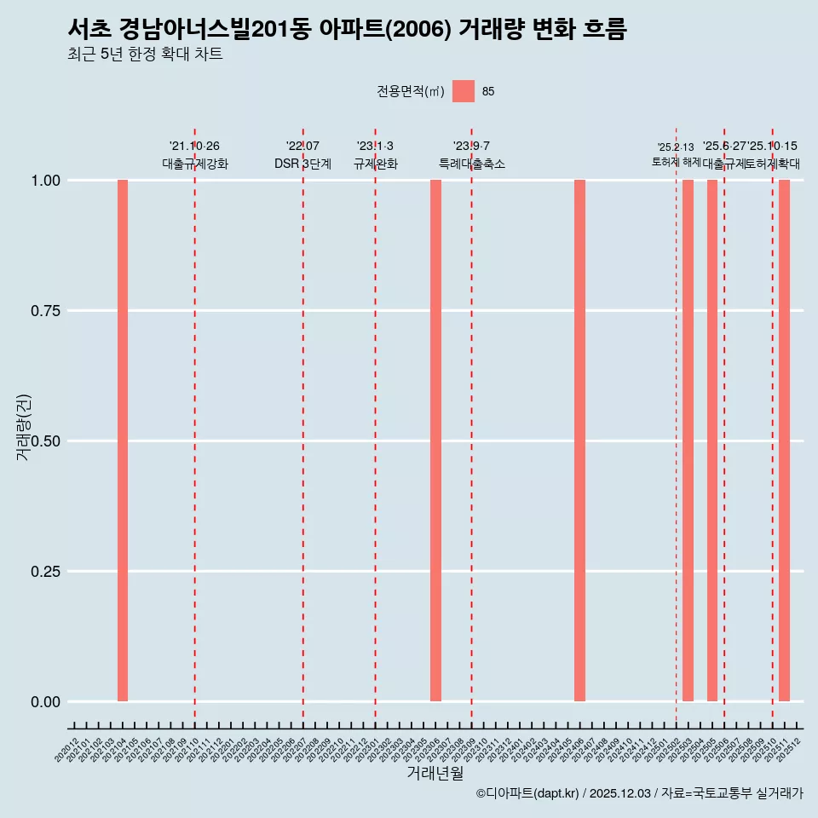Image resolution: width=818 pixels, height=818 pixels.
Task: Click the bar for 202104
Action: (x=123, y=441)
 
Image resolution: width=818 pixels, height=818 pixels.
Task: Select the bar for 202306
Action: (x=435, y=441)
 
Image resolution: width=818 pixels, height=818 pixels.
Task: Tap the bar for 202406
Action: (x=579, y=441)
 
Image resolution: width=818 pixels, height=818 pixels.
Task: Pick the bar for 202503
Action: (x=688, y=441)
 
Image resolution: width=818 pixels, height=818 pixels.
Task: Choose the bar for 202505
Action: (x=712, y=441)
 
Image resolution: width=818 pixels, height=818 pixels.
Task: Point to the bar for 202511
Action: (x=784, y=441)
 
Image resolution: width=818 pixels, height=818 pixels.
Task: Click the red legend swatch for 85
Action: (x=464, y=91)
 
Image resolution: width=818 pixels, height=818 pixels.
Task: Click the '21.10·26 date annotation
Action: (x=194, y=147)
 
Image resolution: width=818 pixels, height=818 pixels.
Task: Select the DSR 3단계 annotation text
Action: (x=302, y=164)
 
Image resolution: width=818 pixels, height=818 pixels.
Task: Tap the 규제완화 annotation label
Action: (x=375, y=164)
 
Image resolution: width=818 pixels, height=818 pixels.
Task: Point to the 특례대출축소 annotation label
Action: (x=471, y=164)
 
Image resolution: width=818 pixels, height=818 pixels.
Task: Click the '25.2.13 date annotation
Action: (x=676, y=147)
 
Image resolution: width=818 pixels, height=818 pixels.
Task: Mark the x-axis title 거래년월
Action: (x=435, y=773)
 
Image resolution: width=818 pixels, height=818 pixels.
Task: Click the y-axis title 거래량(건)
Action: (x=24, y=427)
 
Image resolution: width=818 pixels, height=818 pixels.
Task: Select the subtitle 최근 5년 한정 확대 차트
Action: (x=145, y=55)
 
